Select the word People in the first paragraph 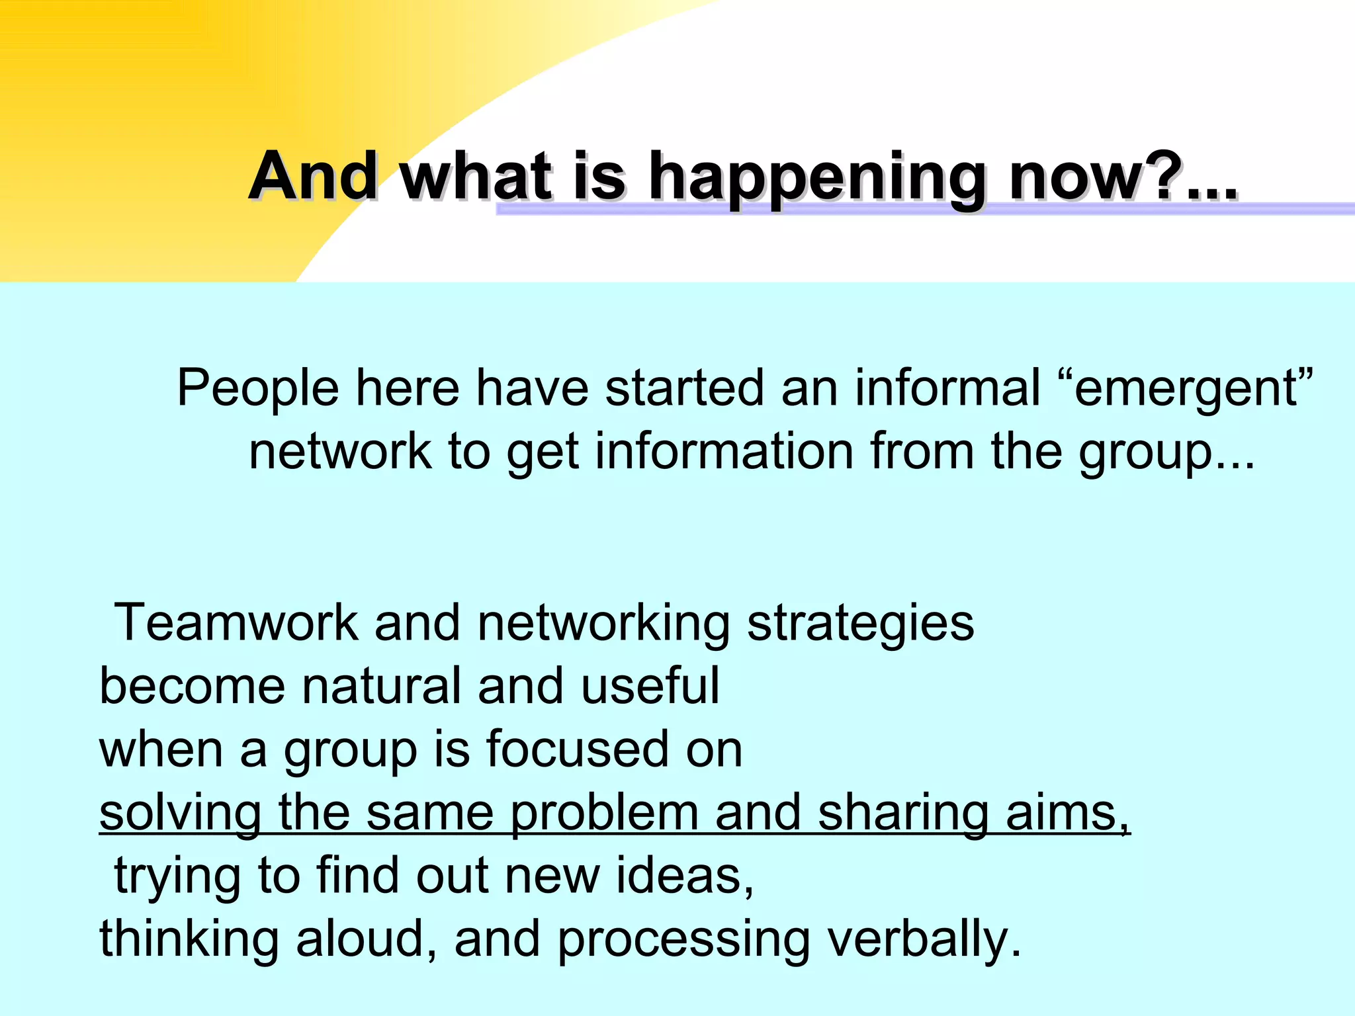258,390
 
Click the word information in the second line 724,451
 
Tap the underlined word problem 604,814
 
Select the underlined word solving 180,814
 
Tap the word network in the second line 340,451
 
